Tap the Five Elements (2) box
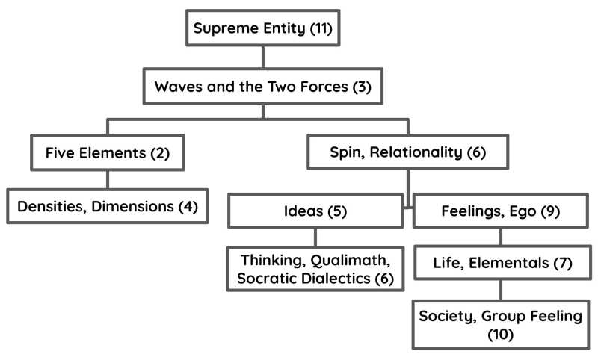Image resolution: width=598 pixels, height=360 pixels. (x=107, y=153)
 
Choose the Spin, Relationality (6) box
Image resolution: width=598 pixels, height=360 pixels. (x=408, y=153)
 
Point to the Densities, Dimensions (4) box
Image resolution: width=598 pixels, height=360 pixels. (x=107, y=206)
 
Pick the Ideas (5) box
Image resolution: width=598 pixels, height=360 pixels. (x=315, y=211)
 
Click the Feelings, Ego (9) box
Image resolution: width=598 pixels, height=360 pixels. (x=500, y=211)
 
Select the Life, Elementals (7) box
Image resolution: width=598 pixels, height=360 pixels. (x=500, y=263)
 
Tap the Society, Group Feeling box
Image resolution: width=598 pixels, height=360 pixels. (x=500, y=325)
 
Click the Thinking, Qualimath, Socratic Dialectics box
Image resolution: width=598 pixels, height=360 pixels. (x=315, y=268)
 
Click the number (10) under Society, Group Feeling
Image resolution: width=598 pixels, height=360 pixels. (x=500, y=335)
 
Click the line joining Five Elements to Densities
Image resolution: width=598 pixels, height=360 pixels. (x=107, y=179)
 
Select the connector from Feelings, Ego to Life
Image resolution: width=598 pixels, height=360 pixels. (x=500, y=237)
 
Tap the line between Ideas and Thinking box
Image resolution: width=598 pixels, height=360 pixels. (x=315, y=237)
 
